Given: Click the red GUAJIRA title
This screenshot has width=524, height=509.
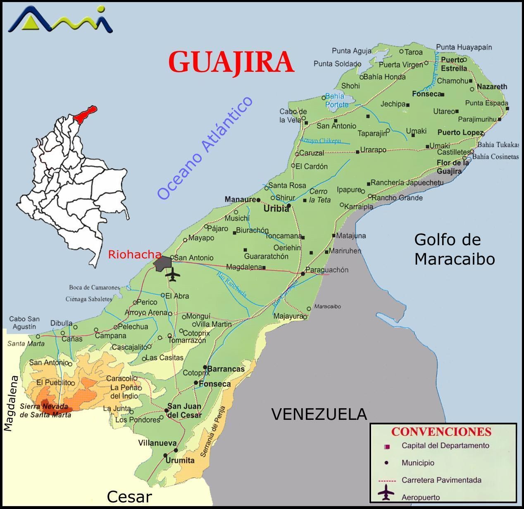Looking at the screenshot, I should pyautogui.click(x=231, y=62).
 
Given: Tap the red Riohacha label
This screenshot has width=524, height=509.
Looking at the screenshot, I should pyautogui.click(x=134, y=255).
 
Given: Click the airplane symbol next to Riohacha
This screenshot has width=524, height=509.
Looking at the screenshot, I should pyautogui.click(x=172, y=274).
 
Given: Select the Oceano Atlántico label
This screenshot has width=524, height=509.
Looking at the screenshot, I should pyautogui.click(x=205, y=148).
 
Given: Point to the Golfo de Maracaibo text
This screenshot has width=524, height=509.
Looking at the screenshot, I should pyautogui.click(x=454, y=249).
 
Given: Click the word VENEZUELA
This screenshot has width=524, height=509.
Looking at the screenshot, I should pyautogui.click(x=319, y=414).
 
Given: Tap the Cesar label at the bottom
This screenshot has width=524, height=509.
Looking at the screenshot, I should pyautogui.click(x=129, y=497).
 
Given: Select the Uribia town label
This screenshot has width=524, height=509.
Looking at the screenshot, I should pyautogui.click(x=276, y=209).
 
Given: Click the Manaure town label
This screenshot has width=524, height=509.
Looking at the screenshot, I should pyautogui.click(x=240, y=199).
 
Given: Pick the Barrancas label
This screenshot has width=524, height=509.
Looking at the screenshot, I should pyautogui.click(x=226, y=369).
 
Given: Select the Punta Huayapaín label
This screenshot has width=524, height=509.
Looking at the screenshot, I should pyautogui.click(x=464, y=47).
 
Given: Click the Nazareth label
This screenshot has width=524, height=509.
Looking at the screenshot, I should pyautogui.click(x=492, y=87).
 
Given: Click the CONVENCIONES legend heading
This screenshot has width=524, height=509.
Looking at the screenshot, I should pyautogui.click(x=441, y=432).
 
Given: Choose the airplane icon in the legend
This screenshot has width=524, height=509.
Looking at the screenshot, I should pyautogui.click(x=386, y=492).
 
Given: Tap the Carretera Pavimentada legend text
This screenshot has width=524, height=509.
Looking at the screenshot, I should pyautogui.click(x=441, y=480).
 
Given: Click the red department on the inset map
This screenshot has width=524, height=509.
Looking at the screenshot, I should pyautogui.click(x=86, y=114).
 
